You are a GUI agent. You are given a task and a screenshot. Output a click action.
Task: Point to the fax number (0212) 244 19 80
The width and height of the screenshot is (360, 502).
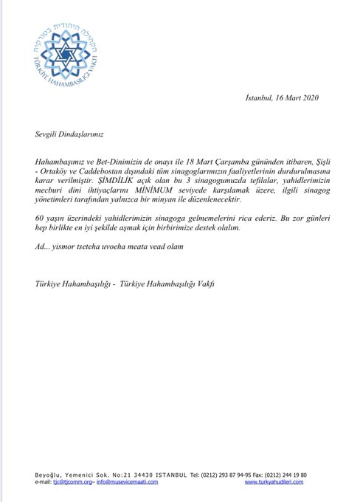[283, 474]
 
